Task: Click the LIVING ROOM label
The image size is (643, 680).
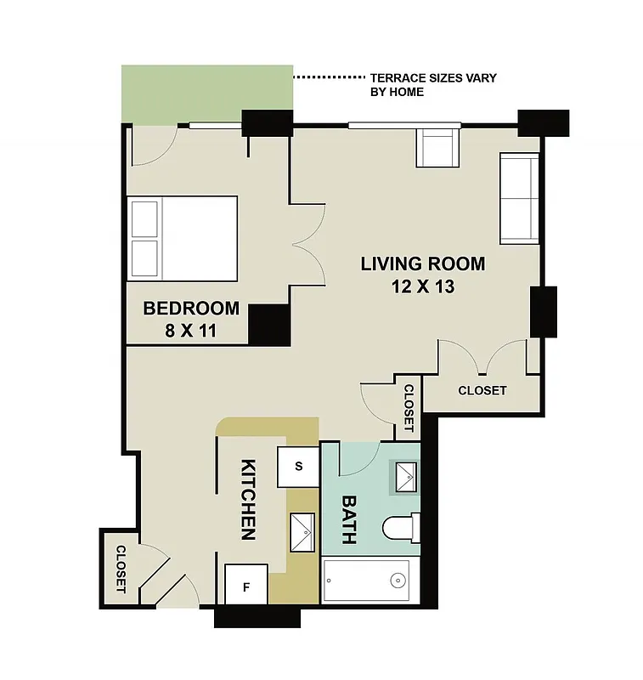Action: [422, 263]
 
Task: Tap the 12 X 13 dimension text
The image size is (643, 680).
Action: [423, 286]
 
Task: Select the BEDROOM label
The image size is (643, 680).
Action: [190, 308]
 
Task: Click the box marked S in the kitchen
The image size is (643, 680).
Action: [298, 466]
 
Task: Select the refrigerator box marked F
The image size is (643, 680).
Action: [246, 586]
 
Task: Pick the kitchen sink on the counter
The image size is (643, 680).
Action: [302, 533]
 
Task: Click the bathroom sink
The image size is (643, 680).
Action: [404, 477]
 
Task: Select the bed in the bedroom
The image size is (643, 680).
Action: [182, 238]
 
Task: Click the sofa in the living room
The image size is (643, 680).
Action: [519, 198]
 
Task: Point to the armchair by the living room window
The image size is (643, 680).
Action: [437, 147]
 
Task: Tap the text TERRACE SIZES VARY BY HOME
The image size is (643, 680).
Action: [433, 84]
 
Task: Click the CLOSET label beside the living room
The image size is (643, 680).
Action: [482, 391]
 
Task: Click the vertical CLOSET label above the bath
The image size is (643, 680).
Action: [409, 406]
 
